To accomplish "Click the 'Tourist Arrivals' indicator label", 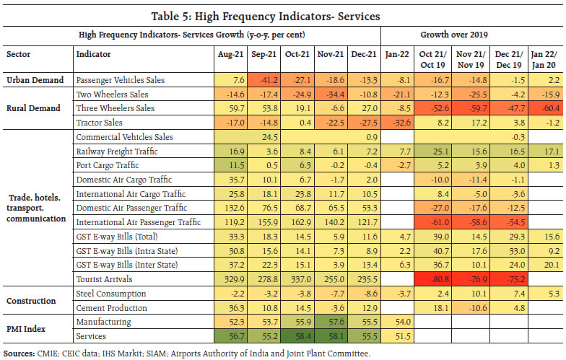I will click(106, 279).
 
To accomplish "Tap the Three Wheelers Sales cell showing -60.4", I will click(541, 108).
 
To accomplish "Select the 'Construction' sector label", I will click(30, 300).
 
